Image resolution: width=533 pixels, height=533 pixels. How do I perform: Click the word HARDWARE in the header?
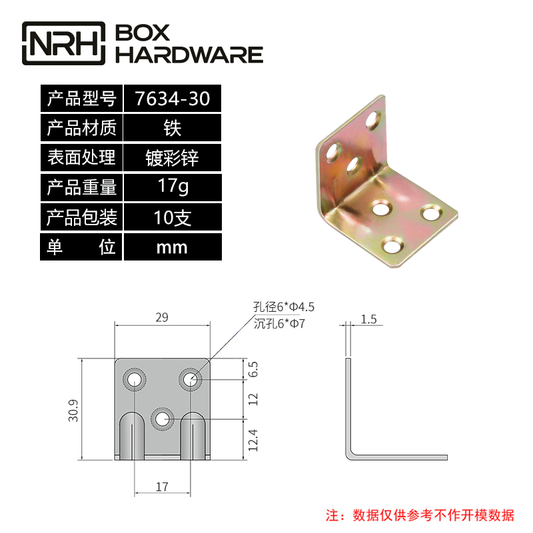(x=189, y=55)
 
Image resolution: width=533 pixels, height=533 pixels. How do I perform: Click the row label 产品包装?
(x=81, y=217)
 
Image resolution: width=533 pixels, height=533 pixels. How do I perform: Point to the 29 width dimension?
(x=161, y=318)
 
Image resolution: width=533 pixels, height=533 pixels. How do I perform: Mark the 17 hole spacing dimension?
(x=162, y=487)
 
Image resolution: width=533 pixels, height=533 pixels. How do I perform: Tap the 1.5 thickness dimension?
(x=368, y=319)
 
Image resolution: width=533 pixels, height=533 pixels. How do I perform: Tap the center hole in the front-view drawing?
(x=162, y=419)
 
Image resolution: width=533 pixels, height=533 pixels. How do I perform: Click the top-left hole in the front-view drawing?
(x=134, y=380)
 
